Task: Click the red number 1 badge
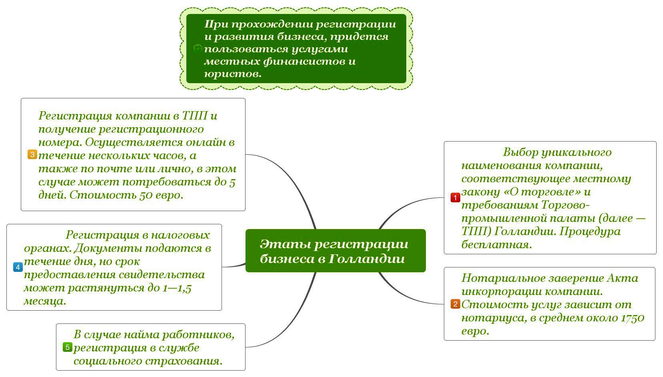tap(455, 197)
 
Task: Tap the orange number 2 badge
tap(455, 304)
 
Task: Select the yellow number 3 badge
tap(32, 154)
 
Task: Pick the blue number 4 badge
tap(18, 267)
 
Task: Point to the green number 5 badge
tap(67, 347)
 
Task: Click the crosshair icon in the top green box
tap(197, 49)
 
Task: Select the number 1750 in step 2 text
tap(632, 318)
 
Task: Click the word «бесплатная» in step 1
tap(496, 244)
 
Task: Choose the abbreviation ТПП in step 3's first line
tap(195, 116)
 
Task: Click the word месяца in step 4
tap(45, 301)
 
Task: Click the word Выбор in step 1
tap(519, 152)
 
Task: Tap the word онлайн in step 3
tap(206, 142)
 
